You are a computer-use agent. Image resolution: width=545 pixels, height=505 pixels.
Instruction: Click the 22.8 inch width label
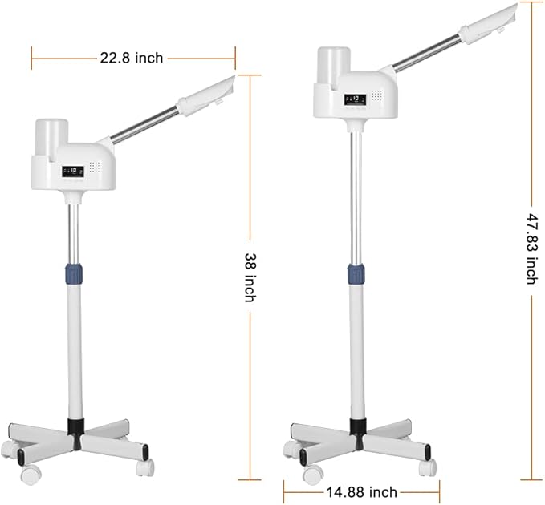(132, 58)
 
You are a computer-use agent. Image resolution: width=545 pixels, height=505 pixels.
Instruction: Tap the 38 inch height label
(250, 277)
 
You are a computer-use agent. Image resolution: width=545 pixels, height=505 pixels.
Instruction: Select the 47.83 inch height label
(532, 248)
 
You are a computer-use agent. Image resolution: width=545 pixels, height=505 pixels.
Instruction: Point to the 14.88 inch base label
(361, 492)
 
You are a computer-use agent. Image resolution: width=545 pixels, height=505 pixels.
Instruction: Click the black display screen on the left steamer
(73, 171)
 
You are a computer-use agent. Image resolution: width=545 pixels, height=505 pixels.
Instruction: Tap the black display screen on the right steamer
(356, 99)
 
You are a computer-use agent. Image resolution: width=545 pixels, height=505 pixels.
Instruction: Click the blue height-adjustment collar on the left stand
(74, 273)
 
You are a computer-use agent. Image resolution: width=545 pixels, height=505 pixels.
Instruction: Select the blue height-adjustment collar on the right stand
(356, 274)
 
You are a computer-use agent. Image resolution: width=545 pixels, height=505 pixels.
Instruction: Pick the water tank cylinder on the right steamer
(334, 66)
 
